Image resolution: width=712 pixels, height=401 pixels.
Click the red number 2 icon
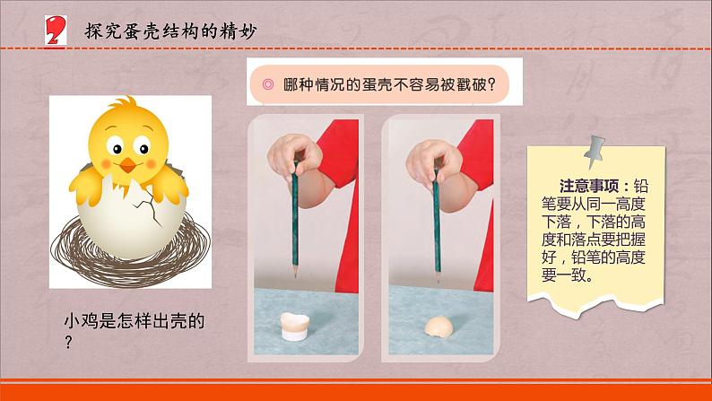(56, 30)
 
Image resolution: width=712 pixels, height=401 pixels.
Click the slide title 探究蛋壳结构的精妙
(170, 31)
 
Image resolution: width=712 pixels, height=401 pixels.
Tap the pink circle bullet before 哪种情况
(268, 84)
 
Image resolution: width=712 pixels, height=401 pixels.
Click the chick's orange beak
(127, 165)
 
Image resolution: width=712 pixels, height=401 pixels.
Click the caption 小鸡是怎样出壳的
(135, 321)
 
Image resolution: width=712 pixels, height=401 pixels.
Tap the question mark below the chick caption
(68, 342)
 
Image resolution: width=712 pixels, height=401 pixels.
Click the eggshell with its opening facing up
(295, 326)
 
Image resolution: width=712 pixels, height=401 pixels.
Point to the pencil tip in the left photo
(295, 275)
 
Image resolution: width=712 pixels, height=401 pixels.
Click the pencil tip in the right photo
(438, 277)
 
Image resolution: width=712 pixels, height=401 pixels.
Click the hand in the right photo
(434, 163)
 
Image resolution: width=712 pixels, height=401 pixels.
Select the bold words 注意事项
(589, 186)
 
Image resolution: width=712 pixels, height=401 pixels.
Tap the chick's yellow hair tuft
(124, 101)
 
